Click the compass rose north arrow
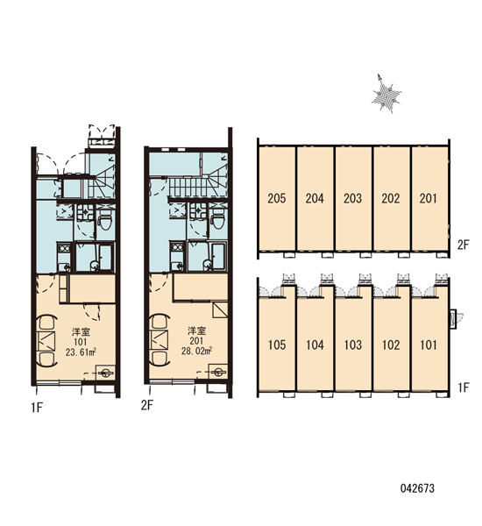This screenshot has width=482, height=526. tap(386, 94)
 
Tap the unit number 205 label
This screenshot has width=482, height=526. tap(277, 198)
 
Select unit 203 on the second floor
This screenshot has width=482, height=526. tap(352, 198)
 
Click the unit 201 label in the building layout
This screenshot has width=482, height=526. tap(429, 198)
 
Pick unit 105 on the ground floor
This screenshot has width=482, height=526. tap(277, 345)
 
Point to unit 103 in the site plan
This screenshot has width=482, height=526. tap(352, 345)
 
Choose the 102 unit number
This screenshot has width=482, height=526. tap(391, 345)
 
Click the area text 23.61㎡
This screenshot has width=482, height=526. tap(82, 352)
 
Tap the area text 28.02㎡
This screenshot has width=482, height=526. tap(196, 352)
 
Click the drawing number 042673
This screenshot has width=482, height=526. tap(417, 488)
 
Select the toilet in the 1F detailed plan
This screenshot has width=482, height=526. tap(106, 222)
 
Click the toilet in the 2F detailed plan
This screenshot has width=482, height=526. tap(218, 220)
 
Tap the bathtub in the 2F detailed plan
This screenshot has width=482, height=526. tap(219, 257)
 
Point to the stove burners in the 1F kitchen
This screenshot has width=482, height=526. tap(64, 249)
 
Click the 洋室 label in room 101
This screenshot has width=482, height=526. tap(81, 332)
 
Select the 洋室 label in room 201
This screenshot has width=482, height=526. tap(196, 331)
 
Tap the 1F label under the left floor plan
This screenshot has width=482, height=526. tap(37, 408)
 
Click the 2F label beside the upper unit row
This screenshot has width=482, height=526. tap(464, 245)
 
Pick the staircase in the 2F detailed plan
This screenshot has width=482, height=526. tap(198, 186)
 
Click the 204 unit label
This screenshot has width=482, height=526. tap(315, 198)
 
